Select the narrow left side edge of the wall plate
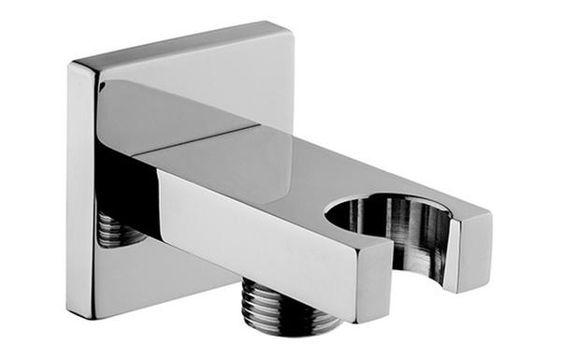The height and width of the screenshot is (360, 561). click(x=80, y=187)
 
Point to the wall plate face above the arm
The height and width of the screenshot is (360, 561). click(x=196, y=70)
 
